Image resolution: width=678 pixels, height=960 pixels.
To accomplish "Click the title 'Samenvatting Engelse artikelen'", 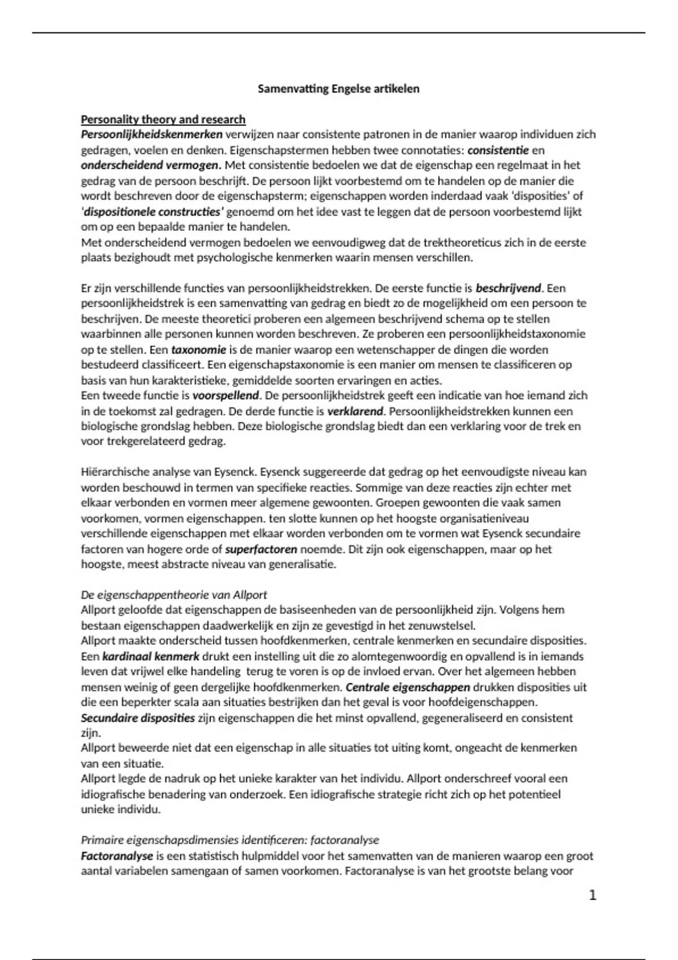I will point(338,89).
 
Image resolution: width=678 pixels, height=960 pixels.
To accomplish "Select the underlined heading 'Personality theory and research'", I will point(163,119).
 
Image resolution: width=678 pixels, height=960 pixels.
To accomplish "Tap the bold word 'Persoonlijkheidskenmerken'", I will point(152,134).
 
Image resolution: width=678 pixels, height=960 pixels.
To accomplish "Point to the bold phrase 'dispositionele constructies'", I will point(154,212).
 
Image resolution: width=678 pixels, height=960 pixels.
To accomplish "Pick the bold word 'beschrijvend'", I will point(508,288).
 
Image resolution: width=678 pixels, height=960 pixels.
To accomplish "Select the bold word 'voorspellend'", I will point(225,395).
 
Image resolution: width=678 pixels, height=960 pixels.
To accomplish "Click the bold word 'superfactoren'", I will point(261,549).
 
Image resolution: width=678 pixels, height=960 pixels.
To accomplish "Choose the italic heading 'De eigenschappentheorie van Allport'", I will point(174,595).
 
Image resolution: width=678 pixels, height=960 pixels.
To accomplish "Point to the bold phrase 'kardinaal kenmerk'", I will point(151,656).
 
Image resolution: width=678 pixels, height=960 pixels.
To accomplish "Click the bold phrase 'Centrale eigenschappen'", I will point(407,687).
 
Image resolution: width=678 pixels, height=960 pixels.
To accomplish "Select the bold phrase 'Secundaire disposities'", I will point(138,718).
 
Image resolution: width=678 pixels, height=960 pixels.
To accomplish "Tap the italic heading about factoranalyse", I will point(230,840).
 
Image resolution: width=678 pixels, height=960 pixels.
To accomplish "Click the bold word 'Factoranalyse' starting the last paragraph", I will point(117,856).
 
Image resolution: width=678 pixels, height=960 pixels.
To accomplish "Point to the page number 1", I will point(592,895).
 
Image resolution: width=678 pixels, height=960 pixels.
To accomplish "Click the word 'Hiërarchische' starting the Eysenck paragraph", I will point(115,472).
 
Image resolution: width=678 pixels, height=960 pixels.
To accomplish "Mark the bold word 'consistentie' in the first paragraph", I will point(498,150).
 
